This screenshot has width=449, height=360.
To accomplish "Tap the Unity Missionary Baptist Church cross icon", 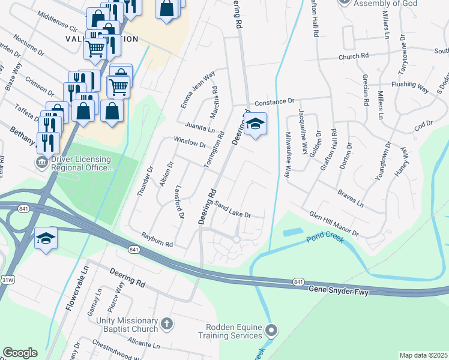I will coord(167,324).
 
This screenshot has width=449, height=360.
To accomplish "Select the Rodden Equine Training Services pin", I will coord(272,330).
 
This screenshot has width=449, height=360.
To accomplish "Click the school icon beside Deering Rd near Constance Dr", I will coord(256,124).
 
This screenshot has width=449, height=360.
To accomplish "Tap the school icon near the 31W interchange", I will coord(46,238).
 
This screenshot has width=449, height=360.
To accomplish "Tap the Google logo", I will coord(20,353).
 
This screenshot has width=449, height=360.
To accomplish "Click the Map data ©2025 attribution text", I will coord(423,355).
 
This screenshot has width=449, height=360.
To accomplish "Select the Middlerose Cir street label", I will coord(58,22).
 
